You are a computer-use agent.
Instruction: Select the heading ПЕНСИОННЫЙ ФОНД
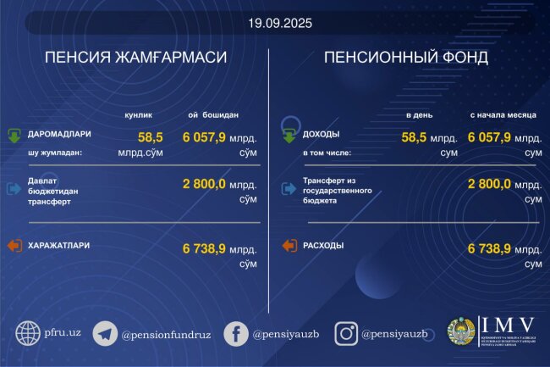405,58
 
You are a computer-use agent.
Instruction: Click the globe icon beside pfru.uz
28,333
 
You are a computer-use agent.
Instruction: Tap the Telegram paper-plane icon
104,333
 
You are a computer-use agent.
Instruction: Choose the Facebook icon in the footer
235,333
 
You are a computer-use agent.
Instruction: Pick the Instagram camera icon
345,333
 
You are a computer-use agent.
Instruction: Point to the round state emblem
461,333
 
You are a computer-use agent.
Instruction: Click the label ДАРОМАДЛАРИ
60,134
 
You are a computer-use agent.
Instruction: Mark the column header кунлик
140,114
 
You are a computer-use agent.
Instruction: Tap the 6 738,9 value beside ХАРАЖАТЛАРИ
204,248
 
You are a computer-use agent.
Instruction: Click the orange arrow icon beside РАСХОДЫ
289,246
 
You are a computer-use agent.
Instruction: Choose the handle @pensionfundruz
164,334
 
